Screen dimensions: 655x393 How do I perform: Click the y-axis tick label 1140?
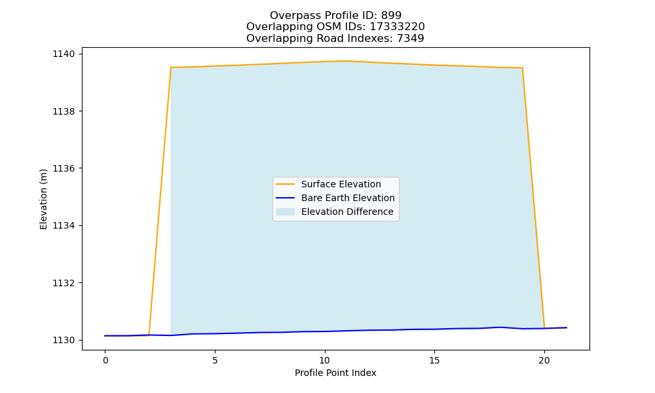[x=64, y=54]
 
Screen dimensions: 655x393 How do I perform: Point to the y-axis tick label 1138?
[x=64, y=111]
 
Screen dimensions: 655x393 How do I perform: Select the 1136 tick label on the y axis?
[x=64, y=168]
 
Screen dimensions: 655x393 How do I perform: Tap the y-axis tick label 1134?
[x=64, y=225]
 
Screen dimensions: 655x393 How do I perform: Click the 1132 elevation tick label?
[x=64, y=283]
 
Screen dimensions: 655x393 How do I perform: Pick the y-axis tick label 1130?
[x=64, y=340]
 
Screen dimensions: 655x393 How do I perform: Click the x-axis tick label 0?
[x=105, y=360]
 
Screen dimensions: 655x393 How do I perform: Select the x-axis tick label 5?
[x=215, y=360]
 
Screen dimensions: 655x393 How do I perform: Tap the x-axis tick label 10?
[x=325, y=360]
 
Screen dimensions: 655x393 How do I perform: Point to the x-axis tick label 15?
[x=434, y=360]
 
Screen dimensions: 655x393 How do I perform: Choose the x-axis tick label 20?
[x=544, y=360]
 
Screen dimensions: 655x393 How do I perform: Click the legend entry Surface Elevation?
[x=341, y=184]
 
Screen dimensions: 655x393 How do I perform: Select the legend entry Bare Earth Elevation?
[x=348, y=198]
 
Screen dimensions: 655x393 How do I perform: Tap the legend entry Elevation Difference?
[x=347, y=212]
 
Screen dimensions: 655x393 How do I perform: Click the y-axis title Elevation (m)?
[x=43, y=199]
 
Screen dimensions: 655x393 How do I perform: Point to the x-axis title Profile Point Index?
[x=335, y=373]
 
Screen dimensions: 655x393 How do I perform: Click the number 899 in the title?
[x=392, y=16]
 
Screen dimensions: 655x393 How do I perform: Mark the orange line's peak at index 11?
[x=346, y=61]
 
